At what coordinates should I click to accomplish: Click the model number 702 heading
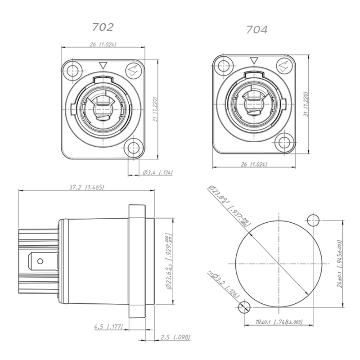[103, 27]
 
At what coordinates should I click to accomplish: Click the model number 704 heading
[257, 30]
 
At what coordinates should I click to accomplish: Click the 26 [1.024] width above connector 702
[103, 45]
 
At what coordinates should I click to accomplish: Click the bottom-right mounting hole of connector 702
[133, 148]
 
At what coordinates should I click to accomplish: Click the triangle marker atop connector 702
[103, 65]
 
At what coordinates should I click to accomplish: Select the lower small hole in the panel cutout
[244, 308]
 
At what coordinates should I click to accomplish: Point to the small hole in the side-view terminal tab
[39, 261]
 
